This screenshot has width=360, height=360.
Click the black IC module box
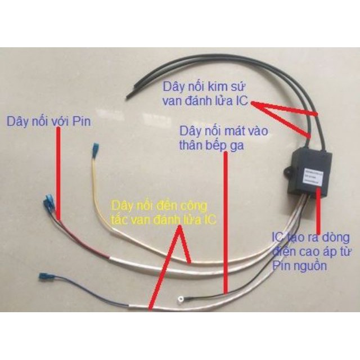click(309, 172)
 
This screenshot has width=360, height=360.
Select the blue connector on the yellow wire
click(97, 151)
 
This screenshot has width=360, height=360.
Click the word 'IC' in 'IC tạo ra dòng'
click(277, 236)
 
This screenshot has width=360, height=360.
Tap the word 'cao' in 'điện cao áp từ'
click(305, 251)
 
